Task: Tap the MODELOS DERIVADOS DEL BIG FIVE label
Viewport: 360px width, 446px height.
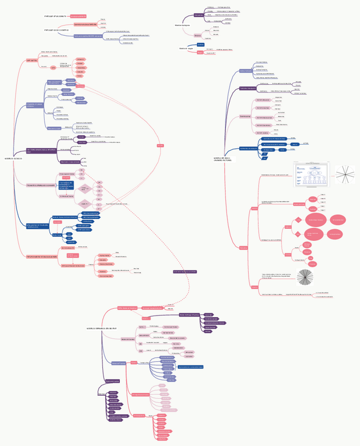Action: (101, 329)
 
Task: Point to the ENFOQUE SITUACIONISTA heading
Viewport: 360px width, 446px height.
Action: (57, 17)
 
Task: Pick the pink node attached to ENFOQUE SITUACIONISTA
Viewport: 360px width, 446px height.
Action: (79, 17)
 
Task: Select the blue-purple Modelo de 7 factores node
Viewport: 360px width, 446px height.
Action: (118, 363)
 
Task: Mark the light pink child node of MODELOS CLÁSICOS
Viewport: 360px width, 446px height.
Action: (40, 185)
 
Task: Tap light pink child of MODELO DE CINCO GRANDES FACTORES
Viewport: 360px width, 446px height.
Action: (245, 116)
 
